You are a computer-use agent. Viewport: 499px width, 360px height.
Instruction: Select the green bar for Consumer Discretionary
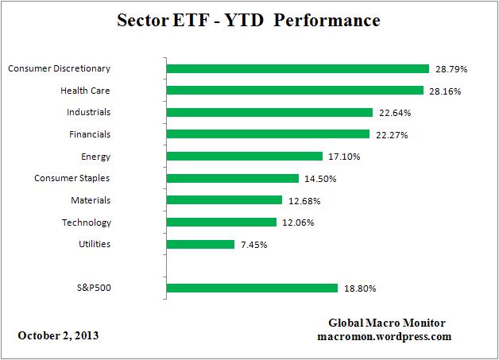pos(297,69)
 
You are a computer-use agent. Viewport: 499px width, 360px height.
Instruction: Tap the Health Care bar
pos(295,91)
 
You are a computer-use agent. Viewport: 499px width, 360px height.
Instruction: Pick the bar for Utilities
pos(200,244)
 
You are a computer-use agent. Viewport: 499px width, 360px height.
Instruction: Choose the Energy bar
pos(245,157)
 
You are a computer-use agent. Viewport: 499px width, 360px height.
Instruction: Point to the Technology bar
pos(222,223)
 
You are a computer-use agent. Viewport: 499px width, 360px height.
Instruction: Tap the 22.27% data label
pos(392,135)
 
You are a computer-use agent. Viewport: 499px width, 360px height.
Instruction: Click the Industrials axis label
pos(89,112)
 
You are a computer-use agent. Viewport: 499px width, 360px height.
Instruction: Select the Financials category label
pos(90,134)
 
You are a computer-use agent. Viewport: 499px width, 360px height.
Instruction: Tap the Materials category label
pos(91,200)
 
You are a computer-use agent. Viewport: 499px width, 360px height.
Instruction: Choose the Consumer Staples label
pos(73,178)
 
